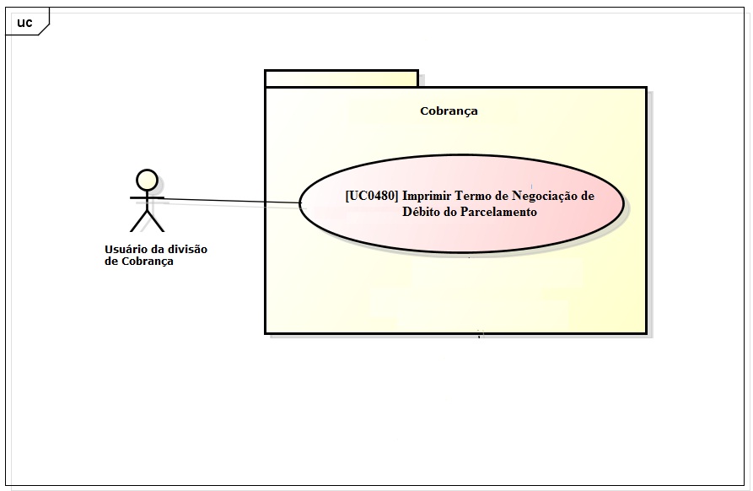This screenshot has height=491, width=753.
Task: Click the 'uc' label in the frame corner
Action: coord(24,23)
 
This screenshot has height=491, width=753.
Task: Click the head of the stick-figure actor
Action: coord(147,179)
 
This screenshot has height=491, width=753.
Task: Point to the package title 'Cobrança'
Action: coord(449,111)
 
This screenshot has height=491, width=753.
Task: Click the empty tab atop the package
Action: coord(341,78)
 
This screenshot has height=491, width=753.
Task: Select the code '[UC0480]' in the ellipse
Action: coord(371,196)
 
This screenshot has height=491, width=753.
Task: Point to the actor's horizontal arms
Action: coord(147,197)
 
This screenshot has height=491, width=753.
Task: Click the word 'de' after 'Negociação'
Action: coord(588,196)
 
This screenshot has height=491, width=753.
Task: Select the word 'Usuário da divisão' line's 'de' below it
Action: coord(110,262)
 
